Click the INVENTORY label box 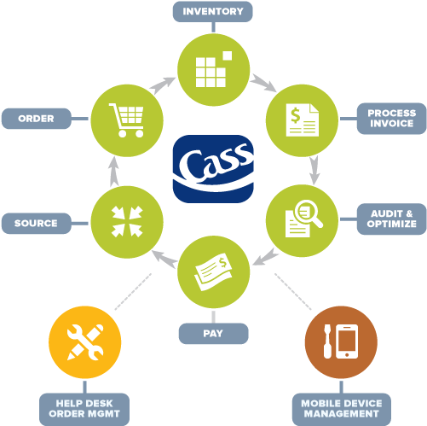pos(213,12)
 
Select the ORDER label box pos(36,119)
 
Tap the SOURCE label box pos(36,224)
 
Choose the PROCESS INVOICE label pos(391,119)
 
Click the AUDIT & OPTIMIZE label pos(392,219)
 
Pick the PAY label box pos(213,333)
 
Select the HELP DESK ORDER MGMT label pos(83,408)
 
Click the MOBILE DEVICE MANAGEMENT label pos(341,408)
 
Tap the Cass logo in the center pos(213,168)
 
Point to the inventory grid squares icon pos(213,67)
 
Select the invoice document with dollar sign pos(303,119)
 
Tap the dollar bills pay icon pos(213,271)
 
